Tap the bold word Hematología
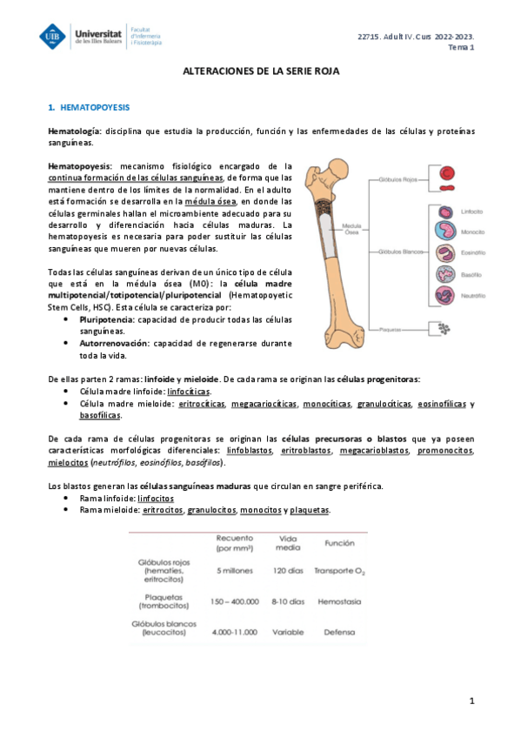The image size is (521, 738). click(x=74, y=131)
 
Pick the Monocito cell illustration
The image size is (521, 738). click(x=445, y=232)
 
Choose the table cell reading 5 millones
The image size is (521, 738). click(x=234, y=570)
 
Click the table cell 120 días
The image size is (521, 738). click(x=287, y=570)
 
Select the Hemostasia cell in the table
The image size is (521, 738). click(x=339, y=600)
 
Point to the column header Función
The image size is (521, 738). click(x=338, y=543)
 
